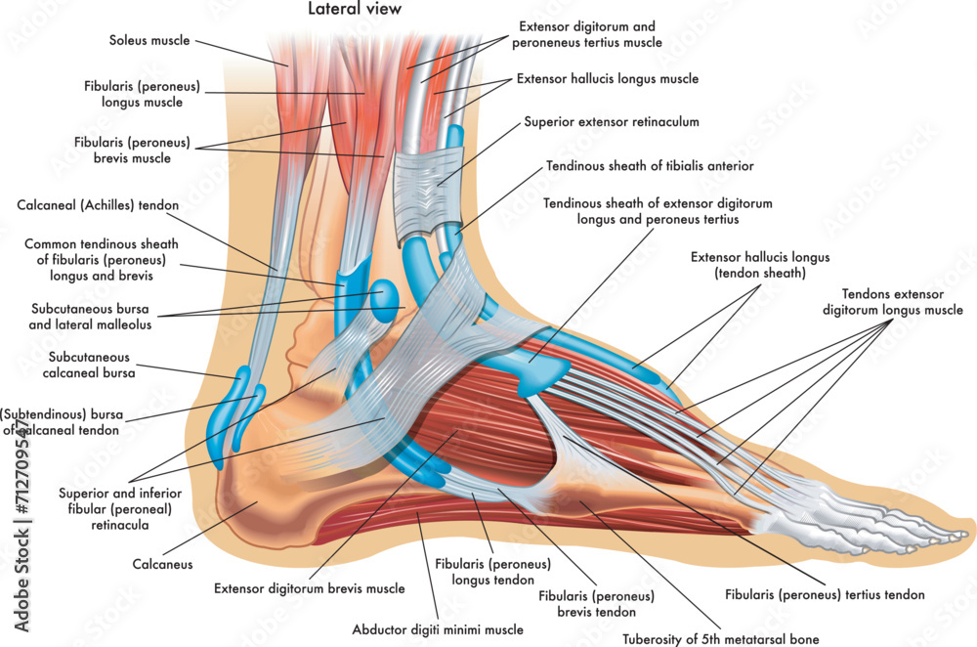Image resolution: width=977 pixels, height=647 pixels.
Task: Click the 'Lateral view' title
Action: click(x=355, y=9)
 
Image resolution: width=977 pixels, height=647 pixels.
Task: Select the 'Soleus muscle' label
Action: click(x=149, y=40)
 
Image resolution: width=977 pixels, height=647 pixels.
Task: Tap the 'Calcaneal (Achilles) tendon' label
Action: click(x=98, y=205)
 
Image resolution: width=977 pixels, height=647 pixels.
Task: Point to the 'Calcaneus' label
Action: click(x=162, y=564)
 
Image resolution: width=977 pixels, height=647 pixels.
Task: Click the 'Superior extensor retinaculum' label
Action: click(x=612, y=121)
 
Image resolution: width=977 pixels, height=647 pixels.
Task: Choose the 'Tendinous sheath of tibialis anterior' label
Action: click(x=650, y=166)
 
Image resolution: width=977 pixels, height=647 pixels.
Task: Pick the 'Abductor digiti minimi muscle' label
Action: click(x=438, y=629)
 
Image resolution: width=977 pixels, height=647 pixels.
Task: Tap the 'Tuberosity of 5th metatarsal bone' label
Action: click(x=721, y=639)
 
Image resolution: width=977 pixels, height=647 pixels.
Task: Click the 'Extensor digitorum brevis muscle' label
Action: click(x=309, y=588)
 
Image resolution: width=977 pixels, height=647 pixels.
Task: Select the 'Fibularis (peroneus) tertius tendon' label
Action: click(x=825, y=594)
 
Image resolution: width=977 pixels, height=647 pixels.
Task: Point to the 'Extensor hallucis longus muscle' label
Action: click(x=608, y=78)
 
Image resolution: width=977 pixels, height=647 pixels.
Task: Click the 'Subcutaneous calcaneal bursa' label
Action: click(x=89, y=365)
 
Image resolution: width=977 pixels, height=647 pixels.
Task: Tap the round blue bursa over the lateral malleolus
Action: click(x=384, y=300)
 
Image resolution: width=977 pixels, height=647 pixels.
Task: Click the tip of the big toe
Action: click(x=969, y=535)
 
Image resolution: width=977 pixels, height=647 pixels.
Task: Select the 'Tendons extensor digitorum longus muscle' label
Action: click(x=892, y=302)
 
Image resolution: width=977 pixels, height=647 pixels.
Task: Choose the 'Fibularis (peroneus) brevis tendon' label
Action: click(x=596, y=604)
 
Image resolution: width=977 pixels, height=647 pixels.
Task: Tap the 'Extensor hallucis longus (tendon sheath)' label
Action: click(x=760, y=265)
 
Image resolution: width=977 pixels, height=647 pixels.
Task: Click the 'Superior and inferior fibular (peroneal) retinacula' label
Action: click(x=120, y=508)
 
